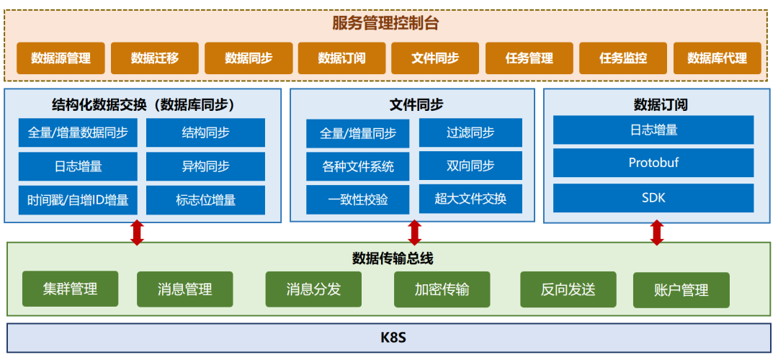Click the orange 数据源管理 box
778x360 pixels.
point(61,58)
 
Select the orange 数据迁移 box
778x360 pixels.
point(154,58)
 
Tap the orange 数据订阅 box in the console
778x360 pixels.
point(341,58)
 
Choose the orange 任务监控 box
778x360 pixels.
point(623,58)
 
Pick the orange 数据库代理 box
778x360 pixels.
point(717,58)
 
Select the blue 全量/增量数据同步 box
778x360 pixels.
point(78,133)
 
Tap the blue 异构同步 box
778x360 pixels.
point(205,166)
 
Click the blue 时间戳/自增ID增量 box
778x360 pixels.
point(78,200)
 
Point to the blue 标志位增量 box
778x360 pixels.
point(205,200)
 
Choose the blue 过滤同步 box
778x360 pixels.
point(470,133)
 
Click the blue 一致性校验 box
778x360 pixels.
point(357,199)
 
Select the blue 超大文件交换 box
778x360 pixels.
point(470,199)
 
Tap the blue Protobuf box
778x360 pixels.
point(653,163)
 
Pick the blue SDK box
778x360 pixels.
point(653,198)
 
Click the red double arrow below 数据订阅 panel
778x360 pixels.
point(656,233)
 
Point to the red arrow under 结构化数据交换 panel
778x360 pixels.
point(137,233)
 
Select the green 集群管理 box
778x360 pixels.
point(70,289)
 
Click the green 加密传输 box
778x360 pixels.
point(442,289)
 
